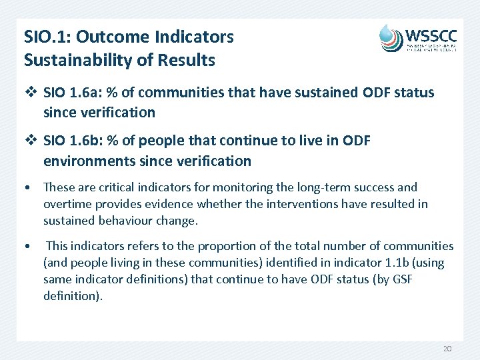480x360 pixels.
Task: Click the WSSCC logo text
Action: [430, 34]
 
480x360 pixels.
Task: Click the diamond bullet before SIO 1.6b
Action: [29, 141]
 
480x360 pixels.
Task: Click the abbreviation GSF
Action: [399, 279]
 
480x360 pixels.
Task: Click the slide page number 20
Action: [447, 349]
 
